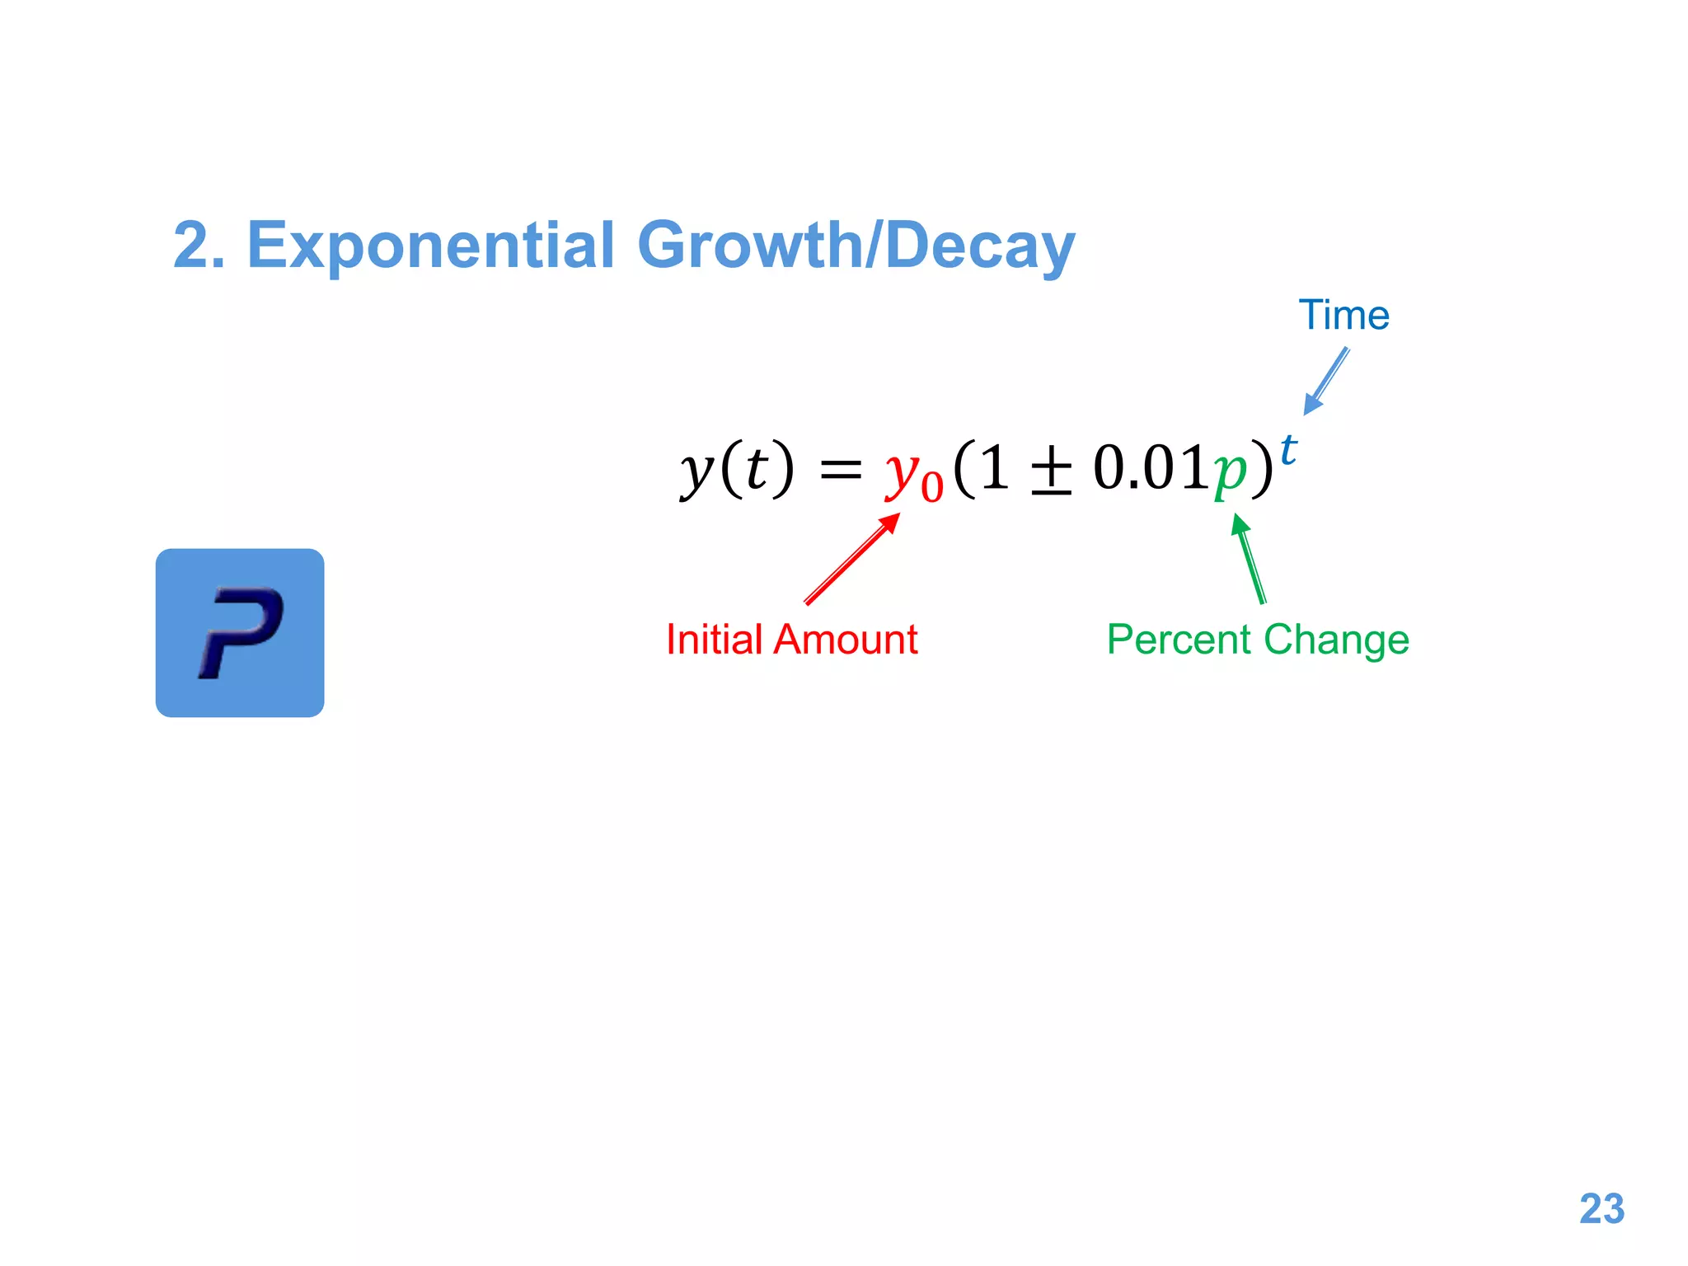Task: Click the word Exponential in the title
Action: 430,245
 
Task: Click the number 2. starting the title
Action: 198,246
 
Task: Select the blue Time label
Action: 1343,316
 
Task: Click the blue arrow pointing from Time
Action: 1327,380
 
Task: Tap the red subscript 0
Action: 931,487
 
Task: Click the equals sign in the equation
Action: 840,471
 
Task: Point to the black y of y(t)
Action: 696,471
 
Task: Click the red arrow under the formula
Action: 852,559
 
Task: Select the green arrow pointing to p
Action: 1250,559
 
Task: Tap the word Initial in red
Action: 714,640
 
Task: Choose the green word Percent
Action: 1179,640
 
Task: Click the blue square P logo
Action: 240,632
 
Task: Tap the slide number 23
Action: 1601,1209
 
